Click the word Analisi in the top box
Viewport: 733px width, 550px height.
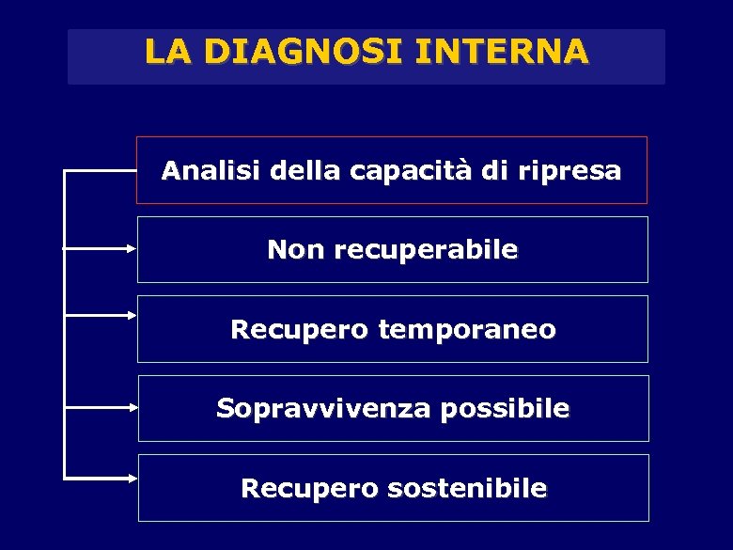[x=211, y=171]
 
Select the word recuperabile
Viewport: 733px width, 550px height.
[x=426, y=251]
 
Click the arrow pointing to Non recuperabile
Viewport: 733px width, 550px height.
[x=101, y=249]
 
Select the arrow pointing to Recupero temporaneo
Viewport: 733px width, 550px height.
[x=101, y=316]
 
